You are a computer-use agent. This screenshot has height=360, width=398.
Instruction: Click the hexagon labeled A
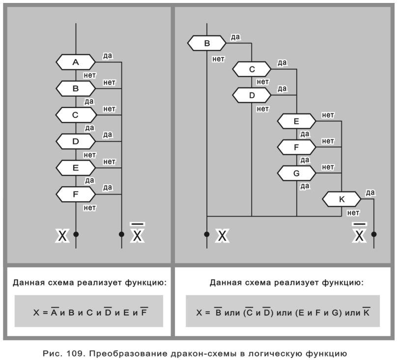(x=76, y=62)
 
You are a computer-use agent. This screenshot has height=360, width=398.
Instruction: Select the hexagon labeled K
(x=341, y=199)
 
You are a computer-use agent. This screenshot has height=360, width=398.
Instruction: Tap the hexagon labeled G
(x=296, y=173)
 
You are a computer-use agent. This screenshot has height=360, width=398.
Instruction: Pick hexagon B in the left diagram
(x=76, y=88)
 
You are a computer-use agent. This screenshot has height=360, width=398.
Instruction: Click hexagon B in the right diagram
(x=207, y=43)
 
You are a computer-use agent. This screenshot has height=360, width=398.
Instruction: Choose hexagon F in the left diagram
(x=76, y=194)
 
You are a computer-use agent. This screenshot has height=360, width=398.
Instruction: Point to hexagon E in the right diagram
(x=296, y=121)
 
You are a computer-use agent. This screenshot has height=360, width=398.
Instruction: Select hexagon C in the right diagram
(x=252, y=69)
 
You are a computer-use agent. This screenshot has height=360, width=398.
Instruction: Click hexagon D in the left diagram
(x=76, y=141)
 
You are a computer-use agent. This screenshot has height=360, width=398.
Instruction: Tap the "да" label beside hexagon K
(x=370, y=193)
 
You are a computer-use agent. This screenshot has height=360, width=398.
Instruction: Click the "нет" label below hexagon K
(x=353, y=213)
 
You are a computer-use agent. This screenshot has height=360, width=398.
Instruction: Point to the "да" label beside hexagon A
(x=107, y=55)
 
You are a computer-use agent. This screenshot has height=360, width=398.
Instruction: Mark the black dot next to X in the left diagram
(x=76, y=234)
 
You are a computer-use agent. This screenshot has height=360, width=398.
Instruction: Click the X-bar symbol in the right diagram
(x=360, y=234)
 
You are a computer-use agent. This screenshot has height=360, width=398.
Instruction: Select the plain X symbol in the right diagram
(x=223, y=236)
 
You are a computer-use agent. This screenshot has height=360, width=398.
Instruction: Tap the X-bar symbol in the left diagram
(x=138, y=234)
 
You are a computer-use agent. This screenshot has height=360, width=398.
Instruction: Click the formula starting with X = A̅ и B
(x=89, y=311)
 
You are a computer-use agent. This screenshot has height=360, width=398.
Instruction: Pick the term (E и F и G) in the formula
(x=319, y=311)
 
